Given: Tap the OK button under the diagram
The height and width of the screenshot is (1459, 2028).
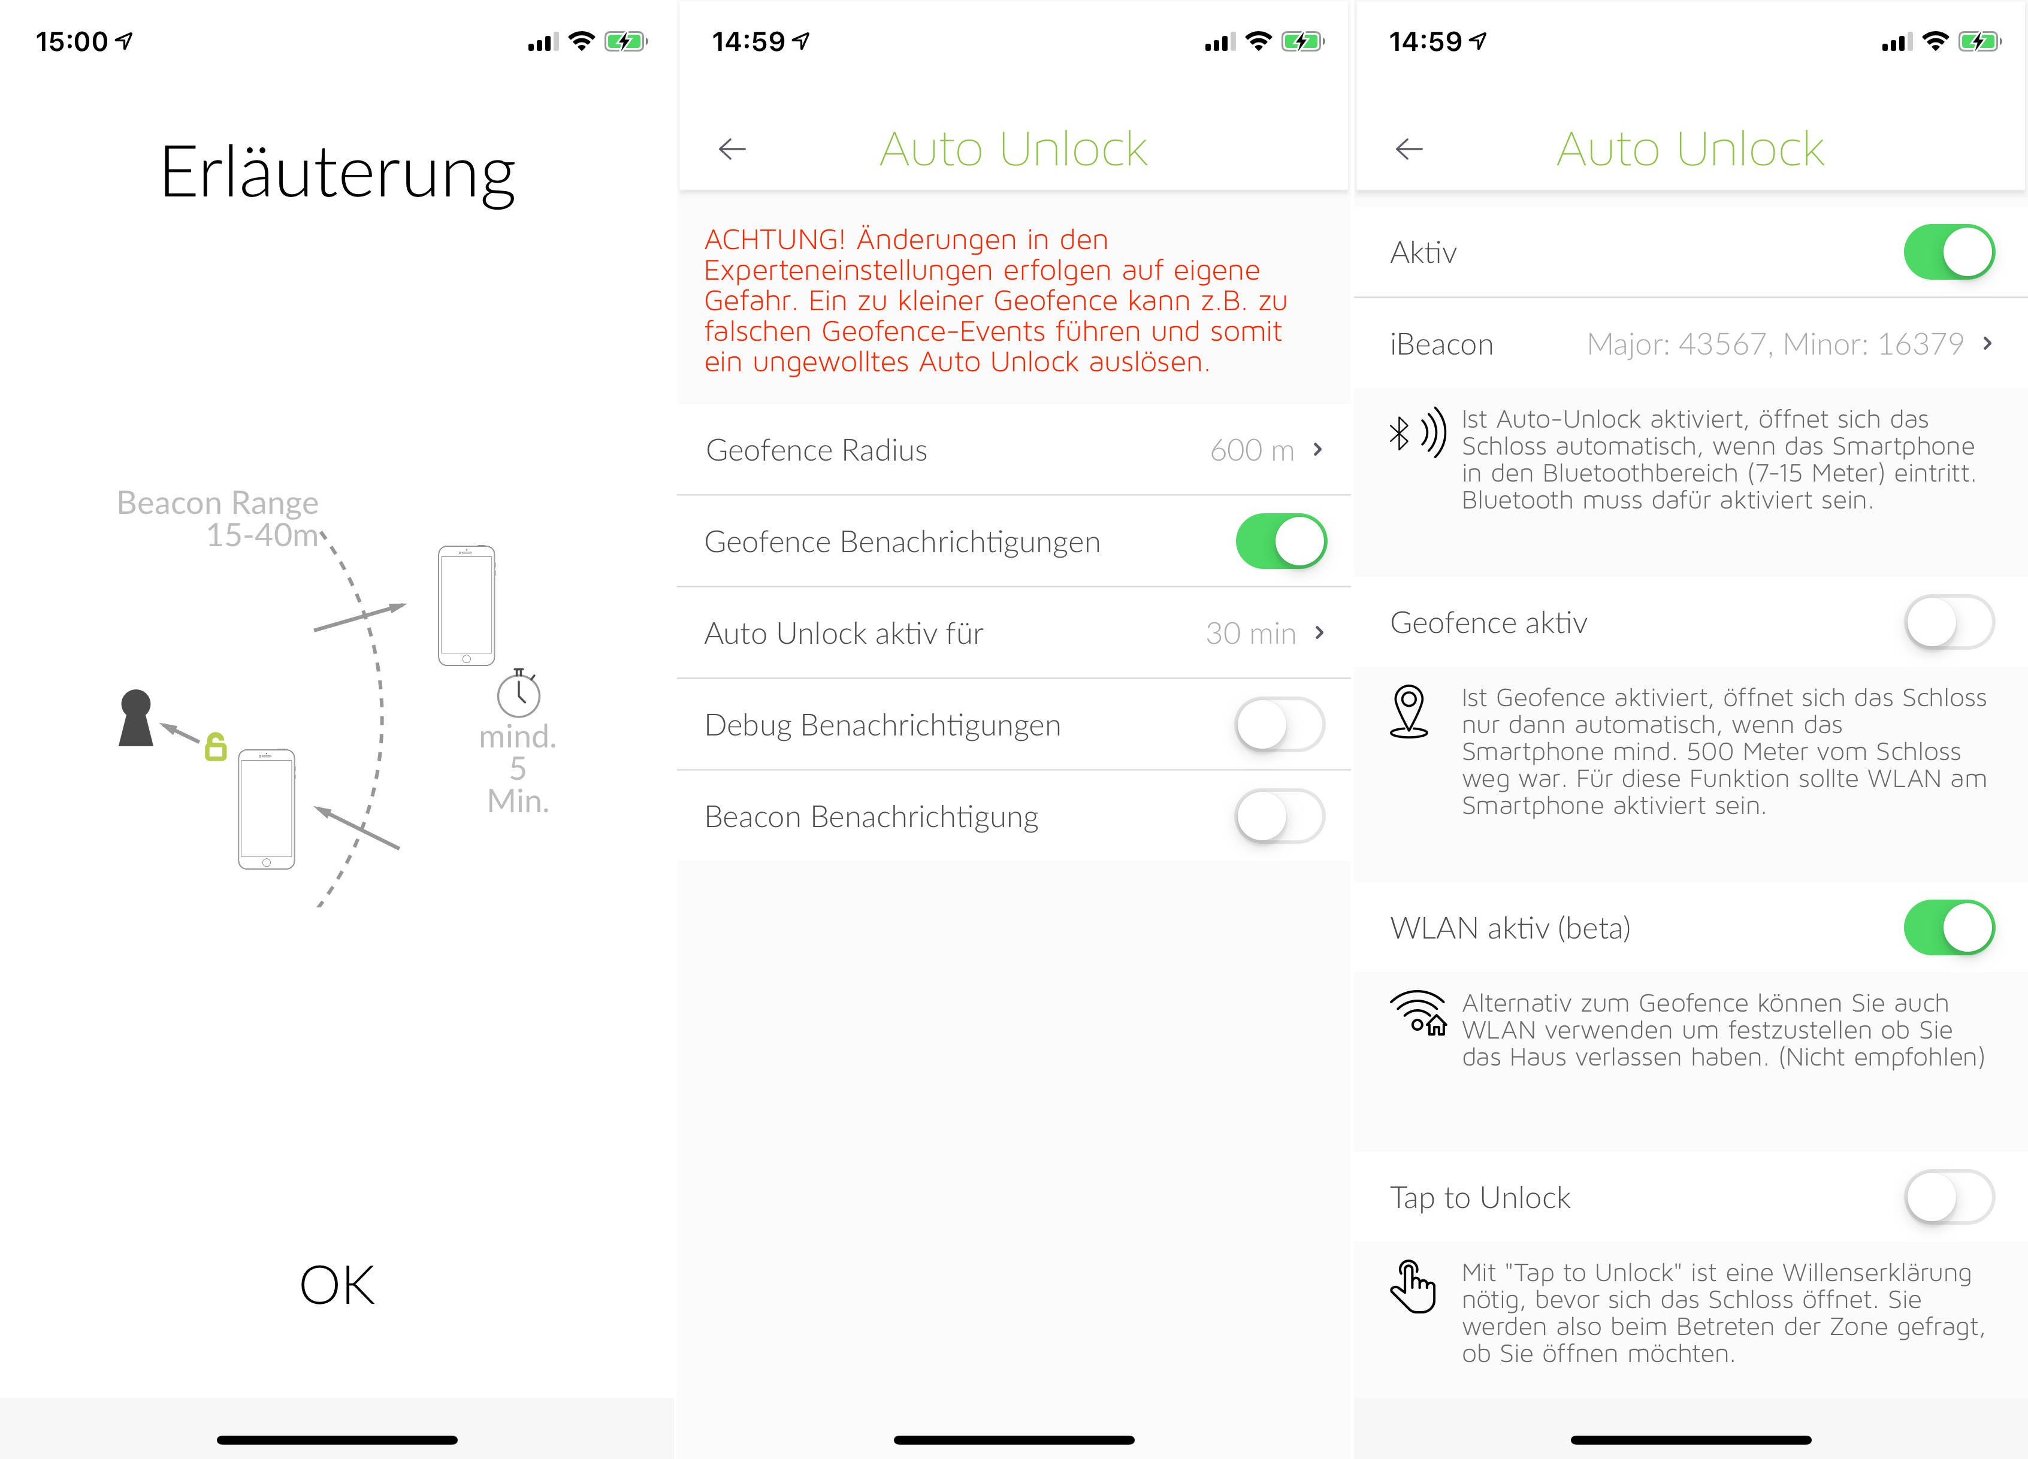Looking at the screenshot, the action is tap(337, 1285).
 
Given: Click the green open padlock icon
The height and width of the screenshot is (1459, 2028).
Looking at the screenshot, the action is tap(216, 746).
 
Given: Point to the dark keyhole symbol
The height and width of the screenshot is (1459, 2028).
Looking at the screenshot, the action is tap(136, 718).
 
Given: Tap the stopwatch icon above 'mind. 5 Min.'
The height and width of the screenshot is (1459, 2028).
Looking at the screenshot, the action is tap(519, 693).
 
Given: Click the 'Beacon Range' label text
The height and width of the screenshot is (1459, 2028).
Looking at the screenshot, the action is tap(217, 503).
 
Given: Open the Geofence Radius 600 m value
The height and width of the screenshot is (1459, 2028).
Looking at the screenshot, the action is tap(1252, 450).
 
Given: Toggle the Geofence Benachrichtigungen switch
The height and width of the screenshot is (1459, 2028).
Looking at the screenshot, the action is tap(1280, 541).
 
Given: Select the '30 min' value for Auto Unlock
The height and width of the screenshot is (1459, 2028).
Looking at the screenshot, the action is tap(1251, 633).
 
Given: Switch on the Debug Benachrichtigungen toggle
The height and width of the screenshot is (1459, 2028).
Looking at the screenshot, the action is tap(1280, 724).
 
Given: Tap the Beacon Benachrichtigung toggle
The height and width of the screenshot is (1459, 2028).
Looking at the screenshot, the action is tap(1280, 816).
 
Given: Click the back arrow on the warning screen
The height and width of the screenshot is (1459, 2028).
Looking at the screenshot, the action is tap(732, 149).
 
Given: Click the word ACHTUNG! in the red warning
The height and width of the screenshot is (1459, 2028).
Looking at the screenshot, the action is tap(775, 240).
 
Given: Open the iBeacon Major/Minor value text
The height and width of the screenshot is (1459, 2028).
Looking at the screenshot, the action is tap(1775, 344).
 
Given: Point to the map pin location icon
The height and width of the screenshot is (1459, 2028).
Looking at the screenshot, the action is tap(1409, 712).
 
